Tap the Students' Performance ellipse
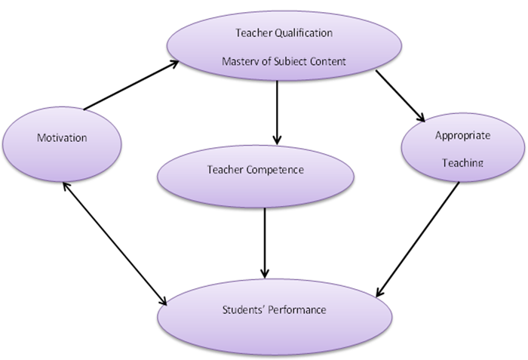275,309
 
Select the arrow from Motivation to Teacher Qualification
130,87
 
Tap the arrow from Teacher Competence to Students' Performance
265,241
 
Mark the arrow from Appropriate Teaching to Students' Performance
419,238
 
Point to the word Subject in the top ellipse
290,62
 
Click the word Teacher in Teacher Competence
225,170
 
